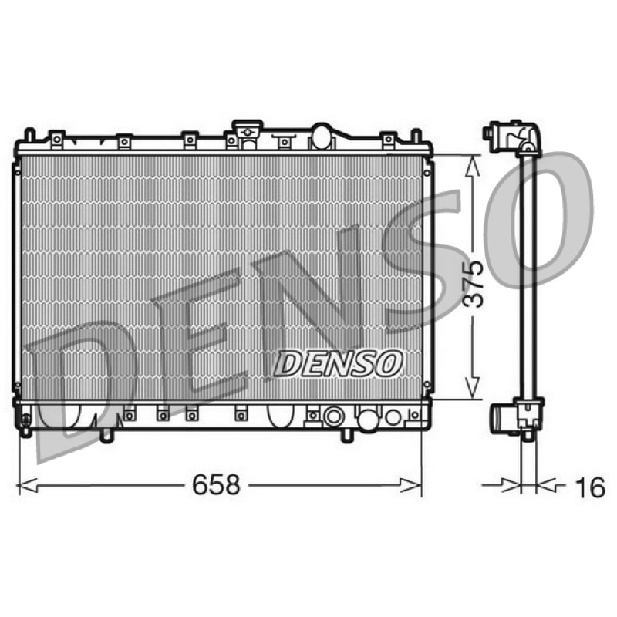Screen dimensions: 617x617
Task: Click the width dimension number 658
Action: [x=216, y=485]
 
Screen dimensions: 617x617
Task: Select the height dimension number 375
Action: [x=472, y=284]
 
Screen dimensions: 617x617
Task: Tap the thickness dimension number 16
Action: [x=590, y=487]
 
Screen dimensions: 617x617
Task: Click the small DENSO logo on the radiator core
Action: [x=338, y=363]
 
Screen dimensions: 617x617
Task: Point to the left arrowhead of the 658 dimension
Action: [x=28, y=485]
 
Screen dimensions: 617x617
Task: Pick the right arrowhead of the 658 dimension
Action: [x=411, y=485]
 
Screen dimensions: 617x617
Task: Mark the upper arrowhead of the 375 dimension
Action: [x=472, y=165]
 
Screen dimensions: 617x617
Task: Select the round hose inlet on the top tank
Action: [x=322, y=137]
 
